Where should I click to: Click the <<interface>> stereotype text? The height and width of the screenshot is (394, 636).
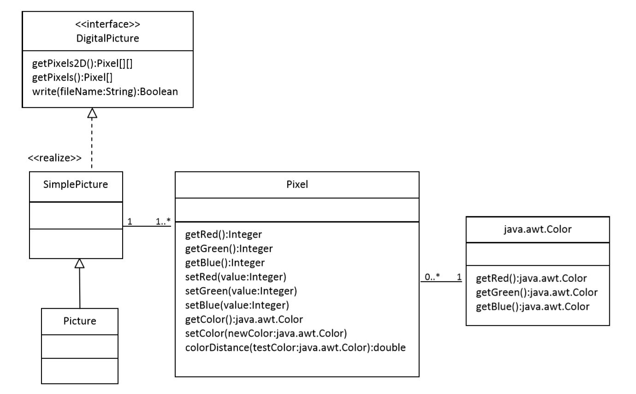click(x=107, y=24)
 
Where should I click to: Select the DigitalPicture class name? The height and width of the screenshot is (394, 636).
click(x=107, y=38)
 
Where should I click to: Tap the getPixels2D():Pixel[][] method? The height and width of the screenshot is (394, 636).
click(x=83, y=63)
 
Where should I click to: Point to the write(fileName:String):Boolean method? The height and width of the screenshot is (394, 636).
click(x=105, y=91)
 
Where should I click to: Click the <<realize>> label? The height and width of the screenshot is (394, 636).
click(x=54, y=158)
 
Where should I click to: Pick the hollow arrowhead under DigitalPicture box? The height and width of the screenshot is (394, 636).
click(x=92, y=113)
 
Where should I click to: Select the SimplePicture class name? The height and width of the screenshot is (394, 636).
click(x=76, y=184)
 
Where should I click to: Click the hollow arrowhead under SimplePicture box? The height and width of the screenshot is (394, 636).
click(x=79, y=264)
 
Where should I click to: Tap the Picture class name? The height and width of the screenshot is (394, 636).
click(x=80, y=321)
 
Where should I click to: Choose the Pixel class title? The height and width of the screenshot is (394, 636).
click(x=297, y=184)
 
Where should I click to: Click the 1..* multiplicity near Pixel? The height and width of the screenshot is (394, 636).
click(x=163, y=221)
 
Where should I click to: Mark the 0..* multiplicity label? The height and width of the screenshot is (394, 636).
click(x=432, y=276)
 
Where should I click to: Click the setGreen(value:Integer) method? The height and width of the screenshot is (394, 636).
click(x=241, y=291)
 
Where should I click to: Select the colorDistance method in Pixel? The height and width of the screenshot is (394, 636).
click(x=295, y=348)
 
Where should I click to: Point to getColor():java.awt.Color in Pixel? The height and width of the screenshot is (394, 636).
click(x=244, y=320)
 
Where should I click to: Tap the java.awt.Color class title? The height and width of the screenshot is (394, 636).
click(x=538, y=229)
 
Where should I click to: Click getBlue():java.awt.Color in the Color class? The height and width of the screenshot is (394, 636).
click(x=533, y=307)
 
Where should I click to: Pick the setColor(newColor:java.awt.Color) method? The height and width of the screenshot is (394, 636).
click(x=266, y=333)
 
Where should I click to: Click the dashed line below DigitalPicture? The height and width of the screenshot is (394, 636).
click(x=92, y=143)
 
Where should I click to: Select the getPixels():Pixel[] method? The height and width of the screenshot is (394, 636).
click(x=72, y=77)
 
